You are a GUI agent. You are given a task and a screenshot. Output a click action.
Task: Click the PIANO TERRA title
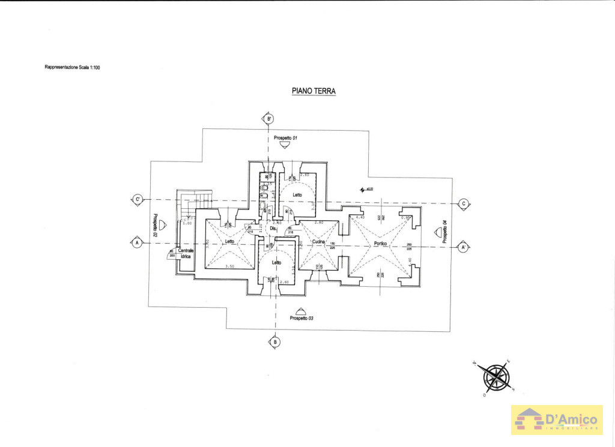[314, 91]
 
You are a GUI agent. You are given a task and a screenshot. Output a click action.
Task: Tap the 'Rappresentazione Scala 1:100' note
[72, 68]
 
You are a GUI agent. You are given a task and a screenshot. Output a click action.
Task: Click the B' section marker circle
[270, 119]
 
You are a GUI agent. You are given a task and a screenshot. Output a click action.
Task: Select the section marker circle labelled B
[275, 342]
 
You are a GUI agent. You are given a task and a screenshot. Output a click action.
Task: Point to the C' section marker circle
[138, 199]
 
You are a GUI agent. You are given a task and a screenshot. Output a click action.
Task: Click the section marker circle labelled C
[464, 203]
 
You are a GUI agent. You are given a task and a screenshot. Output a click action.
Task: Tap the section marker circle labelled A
[137, 243]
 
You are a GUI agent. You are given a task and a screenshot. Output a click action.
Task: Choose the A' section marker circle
[463, 247]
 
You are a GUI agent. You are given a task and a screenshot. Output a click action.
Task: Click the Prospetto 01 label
[286, 138]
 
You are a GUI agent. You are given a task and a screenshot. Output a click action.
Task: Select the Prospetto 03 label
[301, 319]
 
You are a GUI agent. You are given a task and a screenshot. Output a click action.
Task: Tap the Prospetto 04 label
[445, 232]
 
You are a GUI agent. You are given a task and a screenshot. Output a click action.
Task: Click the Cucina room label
[318, 242]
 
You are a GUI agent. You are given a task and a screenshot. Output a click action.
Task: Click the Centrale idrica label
[186, 253]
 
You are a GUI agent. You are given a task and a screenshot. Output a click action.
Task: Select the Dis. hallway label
[273, 229]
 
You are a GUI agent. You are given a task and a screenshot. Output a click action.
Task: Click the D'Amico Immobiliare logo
[556, 419]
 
